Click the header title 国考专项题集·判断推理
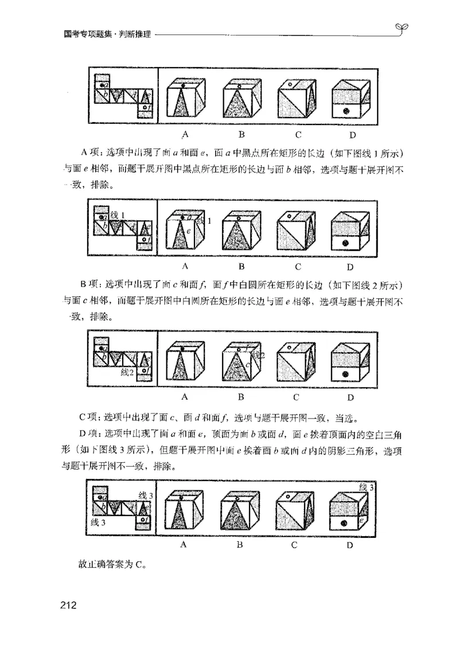(x=107, y=34)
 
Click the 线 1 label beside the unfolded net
(x=119, y=214)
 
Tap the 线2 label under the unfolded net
(x=127, y=372)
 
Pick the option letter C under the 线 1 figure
(x=298, y=267)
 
